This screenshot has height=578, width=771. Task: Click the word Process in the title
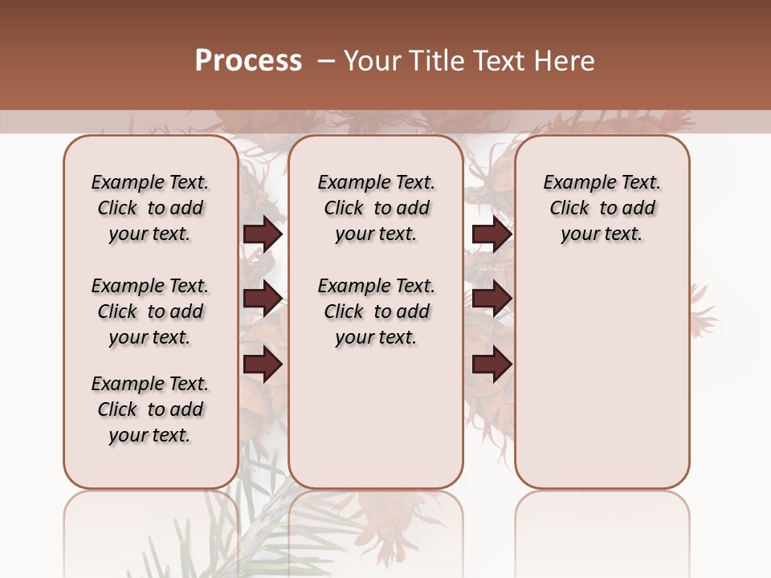pos(248,61)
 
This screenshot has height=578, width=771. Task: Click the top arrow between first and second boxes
pos(263,234)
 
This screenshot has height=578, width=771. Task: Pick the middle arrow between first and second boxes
pos(263,299)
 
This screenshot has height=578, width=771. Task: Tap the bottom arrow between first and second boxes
pos(263,364)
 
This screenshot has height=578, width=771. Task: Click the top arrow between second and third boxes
pos(492,234)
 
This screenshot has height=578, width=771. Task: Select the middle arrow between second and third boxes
pos(492,299)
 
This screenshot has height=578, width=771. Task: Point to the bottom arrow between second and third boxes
pos(492,364)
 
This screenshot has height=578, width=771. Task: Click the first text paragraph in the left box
pos(150,208)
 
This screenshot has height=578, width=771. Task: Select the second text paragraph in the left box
pos(150,311)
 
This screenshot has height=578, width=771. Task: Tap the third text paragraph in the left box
pos(150,409)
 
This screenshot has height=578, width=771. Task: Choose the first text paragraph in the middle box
pos(376,208)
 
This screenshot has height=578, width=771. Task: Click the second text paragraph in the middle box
pos(376,311)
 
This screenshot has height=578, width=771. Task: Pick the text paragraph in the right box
pos(602,208)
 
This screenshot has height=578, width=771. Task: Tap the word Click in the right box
pos(569,209)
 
